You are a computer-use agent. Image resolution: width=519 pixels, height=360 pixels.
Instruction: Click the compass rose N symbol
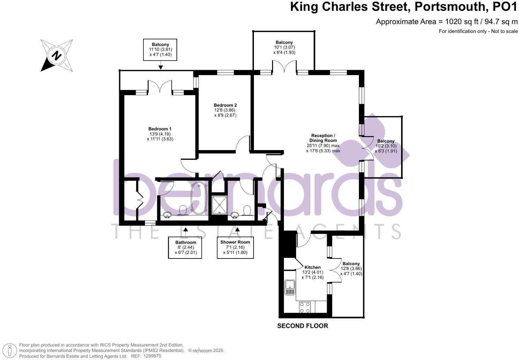57,55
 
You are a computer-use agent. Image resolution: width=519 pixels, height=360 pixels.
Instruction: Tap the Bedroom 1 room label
160,129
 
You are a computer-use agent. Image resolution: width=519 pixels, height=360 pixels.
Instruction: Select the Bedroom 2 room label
225,105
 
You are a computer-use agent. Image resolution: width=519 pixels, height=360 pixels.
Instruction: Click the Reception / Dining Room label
323,138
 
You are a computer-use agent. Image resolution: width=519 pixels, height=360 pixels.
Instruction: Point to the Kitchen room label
313,267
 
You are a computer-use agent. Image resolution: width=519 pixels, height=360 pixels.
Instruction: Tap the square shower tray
219,204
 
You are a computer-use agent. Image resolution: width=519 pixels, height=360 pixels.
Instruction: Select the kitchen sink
290,287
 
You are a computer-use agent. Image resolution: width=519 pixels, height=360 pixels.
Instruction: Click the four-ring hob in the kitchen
305,307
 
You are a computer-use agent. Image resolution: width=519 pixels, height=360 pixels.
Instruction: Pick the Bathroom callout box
186,247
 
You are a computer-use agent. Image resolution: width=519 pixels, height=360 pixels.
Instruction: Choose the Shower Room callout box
235,247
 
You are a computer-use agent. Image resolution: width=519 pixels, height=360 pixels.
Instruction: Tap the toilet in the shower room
247,210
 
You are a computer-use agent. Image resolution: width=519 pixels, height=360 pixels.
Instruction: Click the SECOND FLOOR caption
302,326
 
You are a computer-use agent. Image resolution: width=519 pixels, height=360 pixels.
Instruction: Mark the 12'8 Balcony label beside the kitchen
351,264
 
